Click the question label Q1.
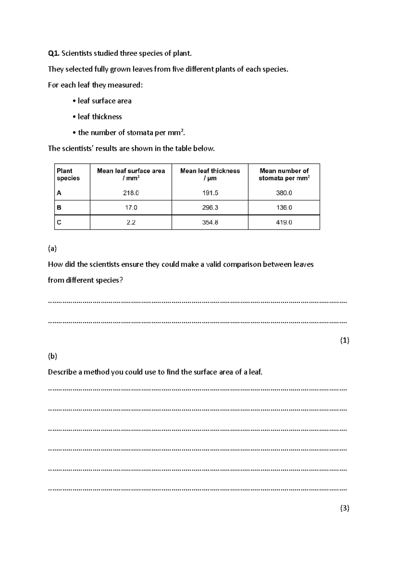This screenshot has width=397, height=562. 54,53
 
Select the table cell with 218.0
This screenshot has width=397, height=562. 131,193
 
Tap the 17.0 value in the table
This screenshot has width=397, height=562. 131,208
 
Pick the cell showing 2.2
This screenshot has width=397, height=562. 131,222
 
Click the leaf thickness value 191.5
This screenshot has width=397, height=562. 210,193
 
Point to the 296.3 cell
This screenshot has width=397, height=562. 210,208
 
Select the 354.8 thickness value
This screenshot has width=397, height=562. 210,222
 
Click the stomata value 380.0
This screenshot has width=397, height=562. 284,193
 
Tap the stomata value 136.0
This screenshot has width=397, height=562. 284,208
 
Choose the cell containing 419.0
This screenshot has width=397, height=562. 284,222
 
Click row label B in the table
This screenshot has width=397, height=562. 59,208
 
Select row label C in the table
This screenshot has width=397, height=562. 59,222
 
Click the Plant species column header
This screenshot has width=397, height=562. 68,174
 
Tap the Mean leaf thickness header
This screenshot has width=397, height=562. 210,174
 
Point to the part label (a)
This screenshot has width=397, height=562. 52,249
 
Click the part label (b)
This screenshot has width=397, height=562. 52,356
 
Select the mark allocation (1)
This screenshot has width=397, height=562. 344,340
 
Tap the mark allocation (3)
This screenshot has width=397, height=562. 344,508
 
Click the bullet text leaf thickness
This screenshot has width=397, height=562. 100,117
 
